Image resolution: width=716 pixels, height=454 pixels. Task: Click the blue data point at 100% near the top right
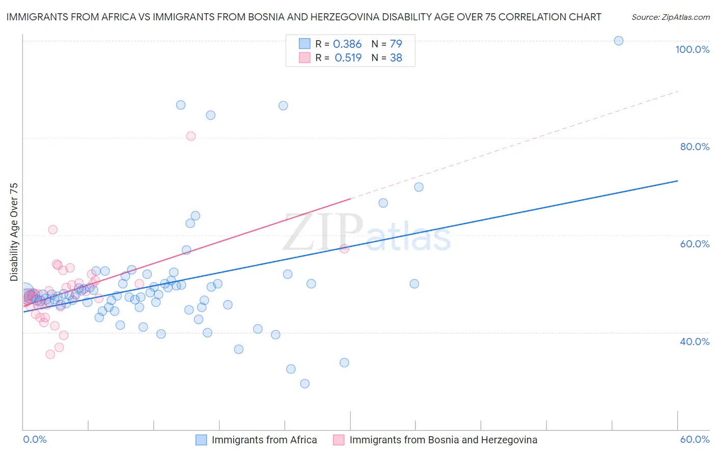(619, 41)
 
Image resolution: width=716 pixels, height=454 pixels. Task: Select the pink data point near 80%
(191, 136)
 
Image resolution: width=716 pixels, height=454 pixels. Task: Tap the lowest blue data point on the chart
(305, 384)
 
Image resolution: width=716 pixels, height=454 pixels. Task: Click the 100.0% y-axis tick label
(692, 49)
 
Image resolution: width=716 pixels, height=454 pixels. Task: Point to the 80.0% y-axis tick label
(695, 147)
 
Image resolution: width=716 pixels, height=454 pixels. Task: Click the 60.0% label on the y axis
(695, 244)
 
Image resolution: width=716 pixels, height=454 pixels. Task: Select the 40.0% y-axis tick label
(695, 342)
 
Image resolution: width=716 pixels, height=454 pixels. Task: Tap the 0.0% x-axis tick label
(35, 439)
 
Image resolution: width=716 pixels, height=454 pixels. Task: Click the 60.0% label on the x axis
(695, 439)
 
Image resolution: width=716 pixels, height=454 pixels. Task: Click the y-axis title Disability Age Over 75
(14, 232)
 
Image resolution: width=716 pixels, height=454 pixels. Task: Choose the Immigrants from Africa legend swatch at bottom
(202, 440)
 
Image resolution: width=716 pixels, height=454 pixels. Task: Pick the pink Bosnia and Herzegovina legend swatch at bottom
(339, 440)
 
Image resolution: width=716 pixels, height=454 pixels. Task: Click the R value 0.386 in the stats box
(347, 44)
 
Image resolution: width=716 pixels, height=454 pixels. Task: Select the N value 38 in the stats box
(396, 58)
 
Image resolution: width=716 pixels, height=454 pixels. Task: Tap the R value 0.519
(348, 58)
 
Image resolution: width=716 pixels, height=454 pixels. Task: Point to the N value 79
(396, 44)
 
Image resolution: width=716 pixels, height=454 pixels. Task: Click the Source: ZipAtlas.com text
(670, 17)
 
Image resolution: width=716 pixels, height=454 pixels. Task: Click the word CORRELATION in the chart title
(532, 17)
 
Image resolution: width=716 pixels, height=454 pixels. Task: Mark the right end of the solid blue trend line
(677, 181)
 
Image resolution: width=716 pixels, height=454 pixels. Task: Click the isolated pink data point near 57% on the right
(344, 248)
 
